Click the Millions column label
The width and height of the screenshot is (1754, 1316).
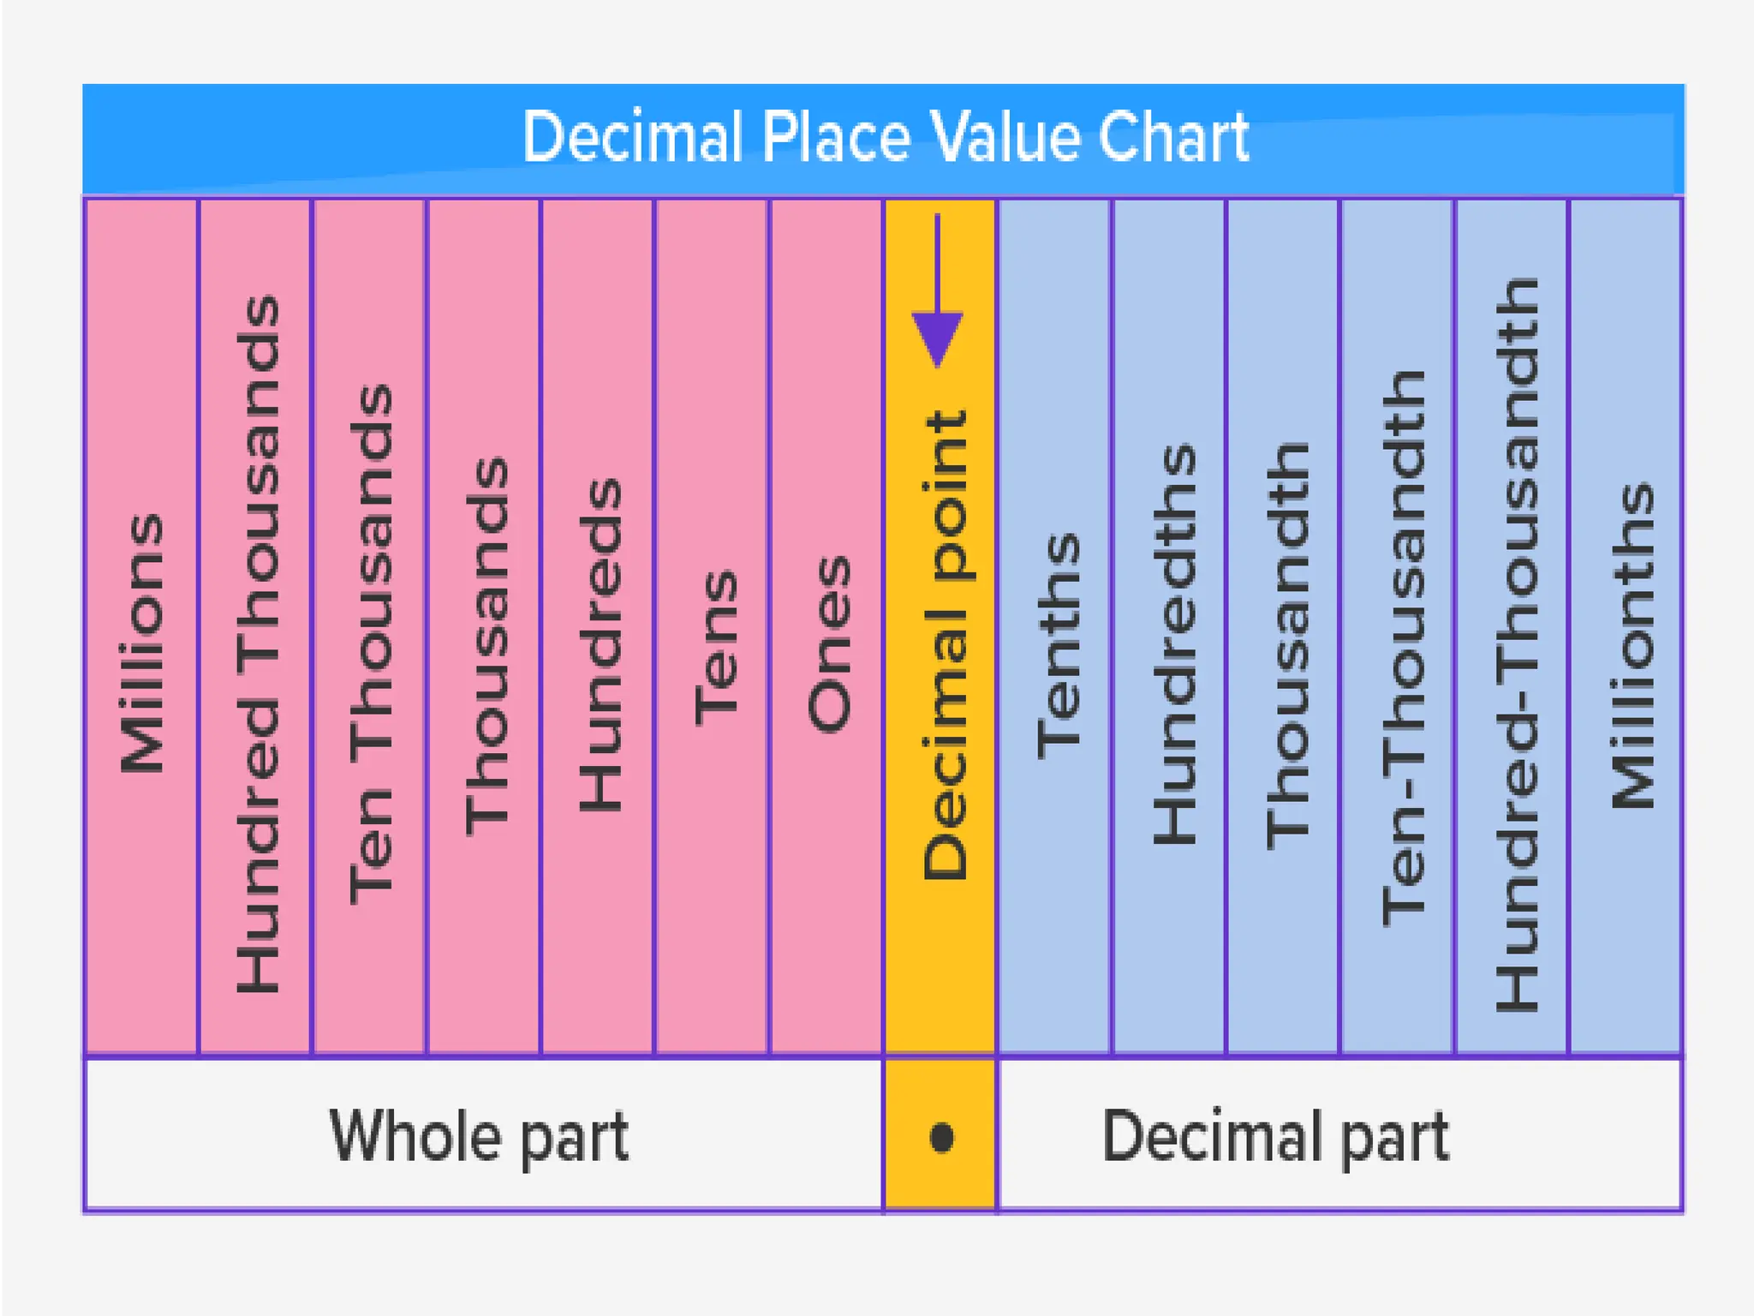point(142,643)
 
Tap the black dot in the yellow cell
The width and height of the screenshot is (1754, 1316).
point(941,1137)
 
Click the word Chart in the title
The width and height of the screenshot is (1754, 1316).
point(1173,137)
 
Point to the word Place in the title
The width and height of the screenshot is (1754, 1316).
point(836,137)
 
